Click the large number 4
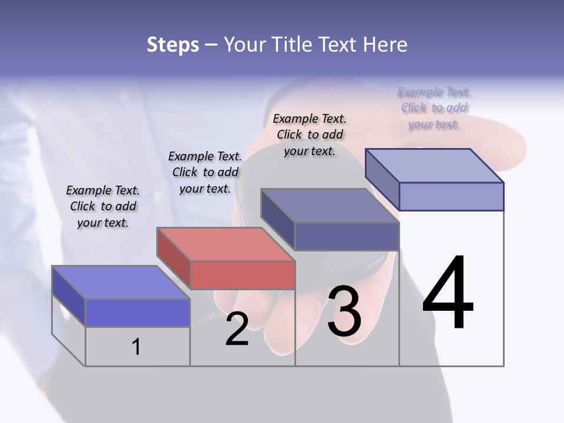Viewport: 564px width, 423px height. click(448, 293)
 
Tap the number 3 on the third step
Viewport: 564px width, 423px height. click(344, 311)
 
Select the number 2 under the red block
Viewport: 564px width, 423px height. click(237, 330)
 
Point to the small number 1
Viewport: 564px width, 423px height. click(136, 347)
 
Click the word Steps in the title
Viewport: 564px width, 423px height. click(173, 45)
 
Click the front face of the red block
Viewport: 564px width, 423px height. click(243, 275)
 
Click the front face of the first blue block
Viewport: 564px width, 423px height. click(137, 313)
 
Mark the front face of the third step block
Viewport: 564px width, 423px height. click(347, 236)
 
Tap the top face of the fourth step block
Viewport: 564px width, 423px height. click(435, 166)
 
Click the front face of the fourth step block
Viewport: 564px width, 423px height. click(451, 196)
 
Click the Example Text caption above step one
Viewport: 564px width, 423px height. click(103, 206)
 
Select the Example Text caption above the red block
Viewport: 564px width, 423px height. click(205, 172)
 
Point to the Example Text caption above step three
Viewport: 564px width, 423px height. click(310, 135)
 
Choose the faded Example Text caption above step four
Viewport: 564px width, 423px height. click(434, 108)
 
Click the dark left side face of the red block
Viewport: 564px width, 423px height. click(174, 258)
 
